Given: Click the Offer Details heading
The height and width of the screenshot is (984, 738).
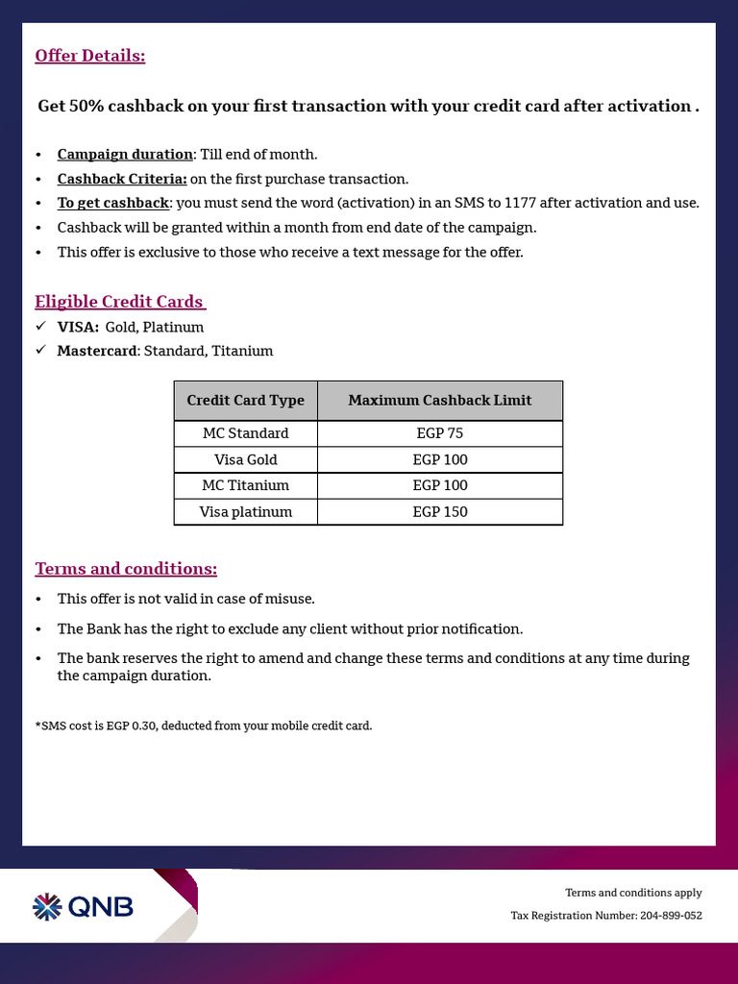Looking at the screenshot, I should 89,56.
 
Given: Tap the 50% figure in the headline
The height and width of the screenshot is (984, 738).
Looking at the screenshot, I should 86,106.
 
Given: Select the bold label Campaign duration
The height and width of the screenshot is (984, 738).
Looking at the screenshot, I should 125,155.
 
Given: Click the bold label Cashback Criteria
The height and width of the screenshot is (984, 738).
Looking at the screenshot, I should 122,179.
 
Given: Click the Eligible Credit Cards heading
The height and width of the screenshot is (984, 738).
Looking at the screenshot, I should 120,302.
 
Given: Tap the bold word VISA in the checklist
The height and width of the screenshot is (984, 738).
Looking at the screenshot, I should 78,328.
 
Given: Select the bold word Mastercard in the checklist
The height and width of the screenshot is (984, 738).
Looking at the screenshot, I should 98,351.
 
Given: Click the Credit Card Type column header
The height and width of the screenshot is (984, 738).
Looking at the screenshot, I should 245,401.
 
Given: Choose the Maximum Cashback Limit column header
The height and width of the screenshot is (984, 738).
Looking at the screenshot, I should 439,401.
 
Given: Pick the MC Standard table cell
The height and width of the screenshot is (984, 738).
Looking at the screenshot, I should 245,433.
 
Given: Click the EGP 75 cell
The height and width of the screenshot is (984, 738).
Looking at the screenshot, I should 439,433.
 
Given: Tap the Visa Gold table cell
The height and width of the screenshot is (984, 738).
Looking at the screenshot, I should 245,459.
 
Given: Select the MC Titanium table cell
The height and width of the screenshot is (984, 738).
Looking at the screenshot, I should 245,485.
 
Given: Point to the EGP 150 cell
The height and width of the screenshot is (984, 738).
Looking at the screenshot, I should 439,512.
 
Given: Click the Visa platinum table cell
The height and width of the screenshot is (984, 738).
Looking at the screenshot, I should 245,512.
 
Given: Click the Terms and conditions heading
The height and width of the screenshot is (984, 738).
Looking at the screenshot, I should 126,569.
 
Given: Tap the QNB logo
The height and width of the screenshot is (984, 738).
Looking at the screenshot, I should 84,906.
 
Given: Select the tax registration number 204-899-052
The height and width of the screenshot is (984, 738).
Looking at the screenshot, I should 670,916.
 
